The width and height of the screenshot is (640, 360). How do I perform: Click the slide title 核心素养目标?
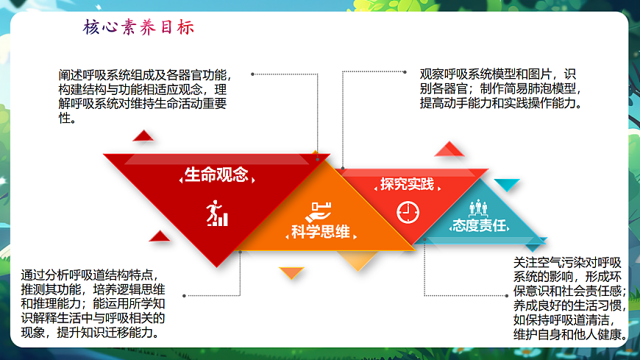tap(139, 28)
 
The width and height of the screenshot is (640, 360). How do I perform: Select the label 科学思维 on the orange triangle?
tap(320, 232)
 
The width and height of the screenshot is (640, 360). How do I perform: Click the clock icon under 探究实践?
tap(407, 211)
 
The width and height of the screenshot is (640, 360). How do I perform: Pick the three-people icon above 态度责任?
tap(480, 206)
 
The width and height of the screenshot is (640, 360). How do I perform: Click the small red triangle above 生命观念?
tap(143, 135)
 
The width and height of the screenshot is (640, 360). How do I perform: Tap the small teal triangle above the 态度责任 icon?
tap(506, 184)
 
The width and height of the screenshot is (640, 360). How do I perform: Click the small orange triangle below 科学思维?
tap(292, 272)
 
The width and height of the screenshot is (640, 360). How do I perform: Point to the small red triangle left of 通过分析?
tap(159, 236)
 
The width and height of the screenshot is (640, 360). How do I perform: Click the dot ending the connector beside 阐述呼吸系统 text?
tap(252, 74)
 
